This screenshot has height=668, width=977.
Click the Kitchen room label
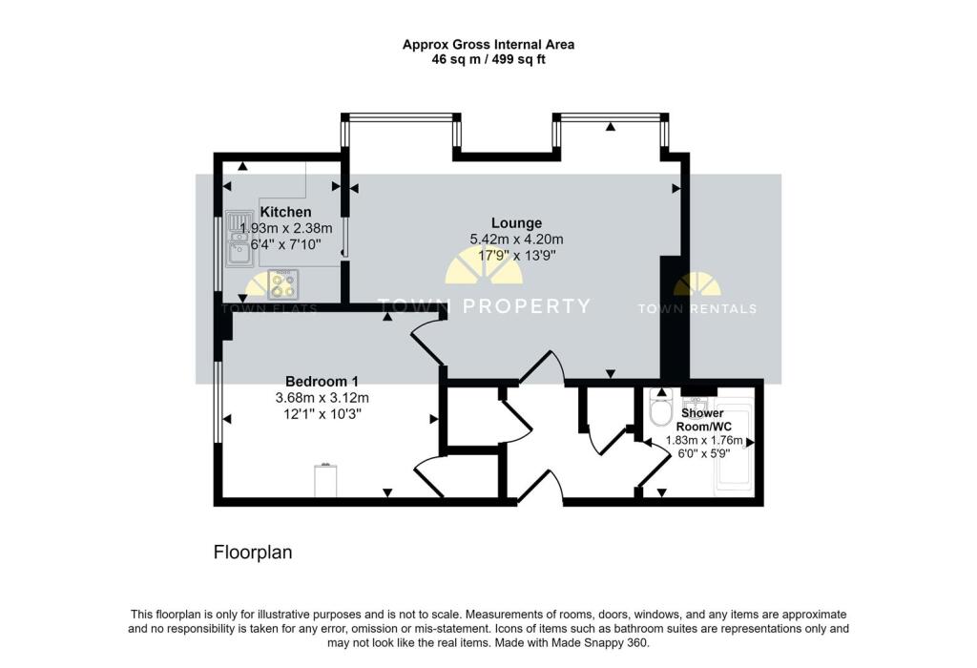(x=285, y=212)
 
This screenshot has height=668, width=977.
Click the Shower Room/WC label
(x=701, y=420)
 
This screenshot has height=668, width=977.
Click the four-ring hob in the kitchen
(x=283, y=282)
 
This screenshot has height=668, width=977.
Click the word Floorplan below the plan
(x=253, y=553)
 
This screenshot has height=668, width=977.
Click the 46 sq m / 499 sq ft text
(x=488, y=59)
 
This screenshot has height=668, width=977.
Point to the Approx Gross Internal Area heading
(x=488, y=44)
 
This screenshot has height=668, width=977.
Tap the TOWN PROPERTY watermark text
(x=484, y=306)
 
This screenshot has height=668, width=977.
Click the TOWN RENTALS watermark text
(x=697, y=308)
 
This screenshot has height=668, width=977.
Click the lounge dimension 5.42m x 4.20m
(x=516, y=240)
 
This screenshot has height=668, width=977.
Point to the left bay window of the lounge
(x=401, y=117)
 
